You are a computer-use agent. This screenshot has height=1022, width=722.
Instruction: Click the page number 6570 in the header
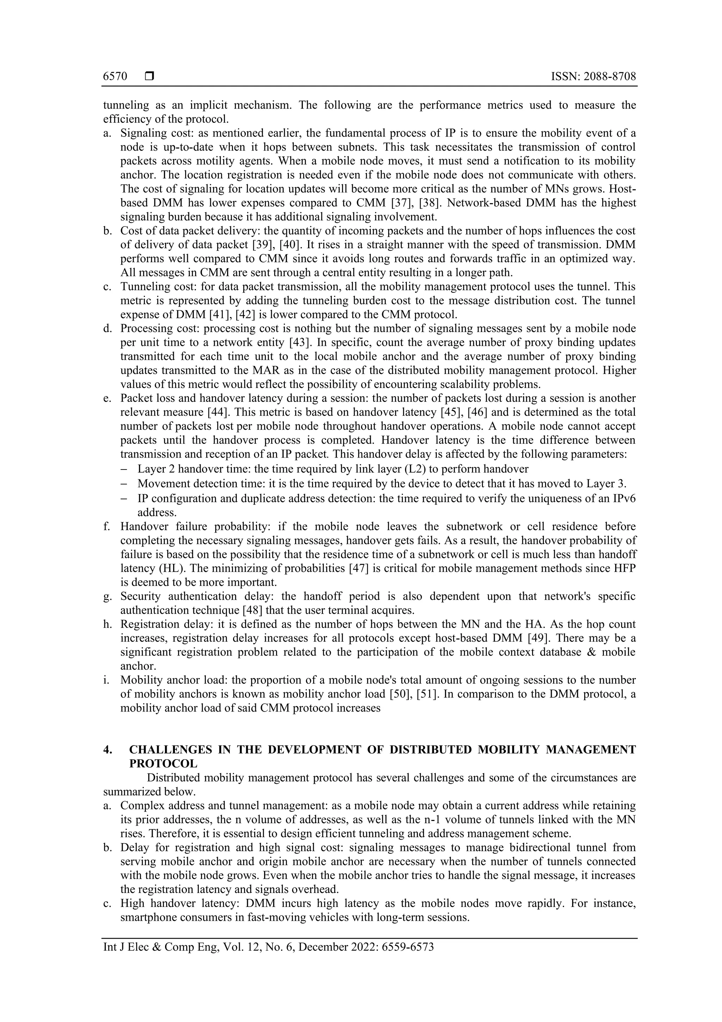coord(115,77)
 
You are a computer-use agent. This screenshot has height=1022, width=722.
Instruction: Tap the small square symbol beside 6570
coord(149,77)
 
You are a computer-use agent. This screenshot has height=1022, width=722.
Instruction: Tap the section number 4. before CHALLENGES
coord(107,750)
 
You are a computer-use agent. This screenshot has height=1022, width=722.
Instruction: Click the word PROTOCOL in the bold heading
coord(163,763)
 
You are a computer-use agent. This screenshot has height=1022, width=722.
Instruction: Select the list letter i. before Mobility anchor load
coord(106,680)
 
